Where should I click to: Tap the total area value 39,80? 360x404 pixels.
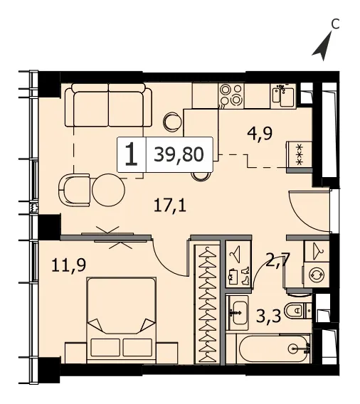click(179, 154)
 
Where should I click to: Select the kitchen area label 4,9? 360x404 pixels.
click(260, 134)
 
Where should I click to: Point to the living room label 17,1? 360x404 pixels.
click(170, 206)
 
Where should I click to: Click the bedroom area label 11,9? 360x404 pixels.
click(68, 265)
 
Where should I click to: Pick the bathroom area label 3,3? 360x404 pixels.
click(268, 316)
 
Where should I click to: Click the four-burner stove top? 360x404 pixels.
click(231, 95)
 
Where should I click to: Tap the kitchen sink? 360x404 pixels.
click(283, 96)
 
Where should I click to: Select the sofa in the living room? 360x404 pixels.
click(108, 105)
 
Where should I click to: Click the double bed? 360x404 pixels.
click(122, 320)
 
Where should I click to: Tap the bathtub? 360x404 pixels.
click(274, 349)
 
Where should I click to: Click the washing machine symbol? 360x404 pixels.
click(317, 275)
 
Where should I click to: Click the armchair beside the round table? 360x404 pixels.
click(74, 190)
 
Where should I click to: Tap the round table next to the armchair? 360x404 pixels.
click(108, 190)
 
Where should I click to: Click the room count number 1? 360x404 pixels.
click(132, 155)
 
